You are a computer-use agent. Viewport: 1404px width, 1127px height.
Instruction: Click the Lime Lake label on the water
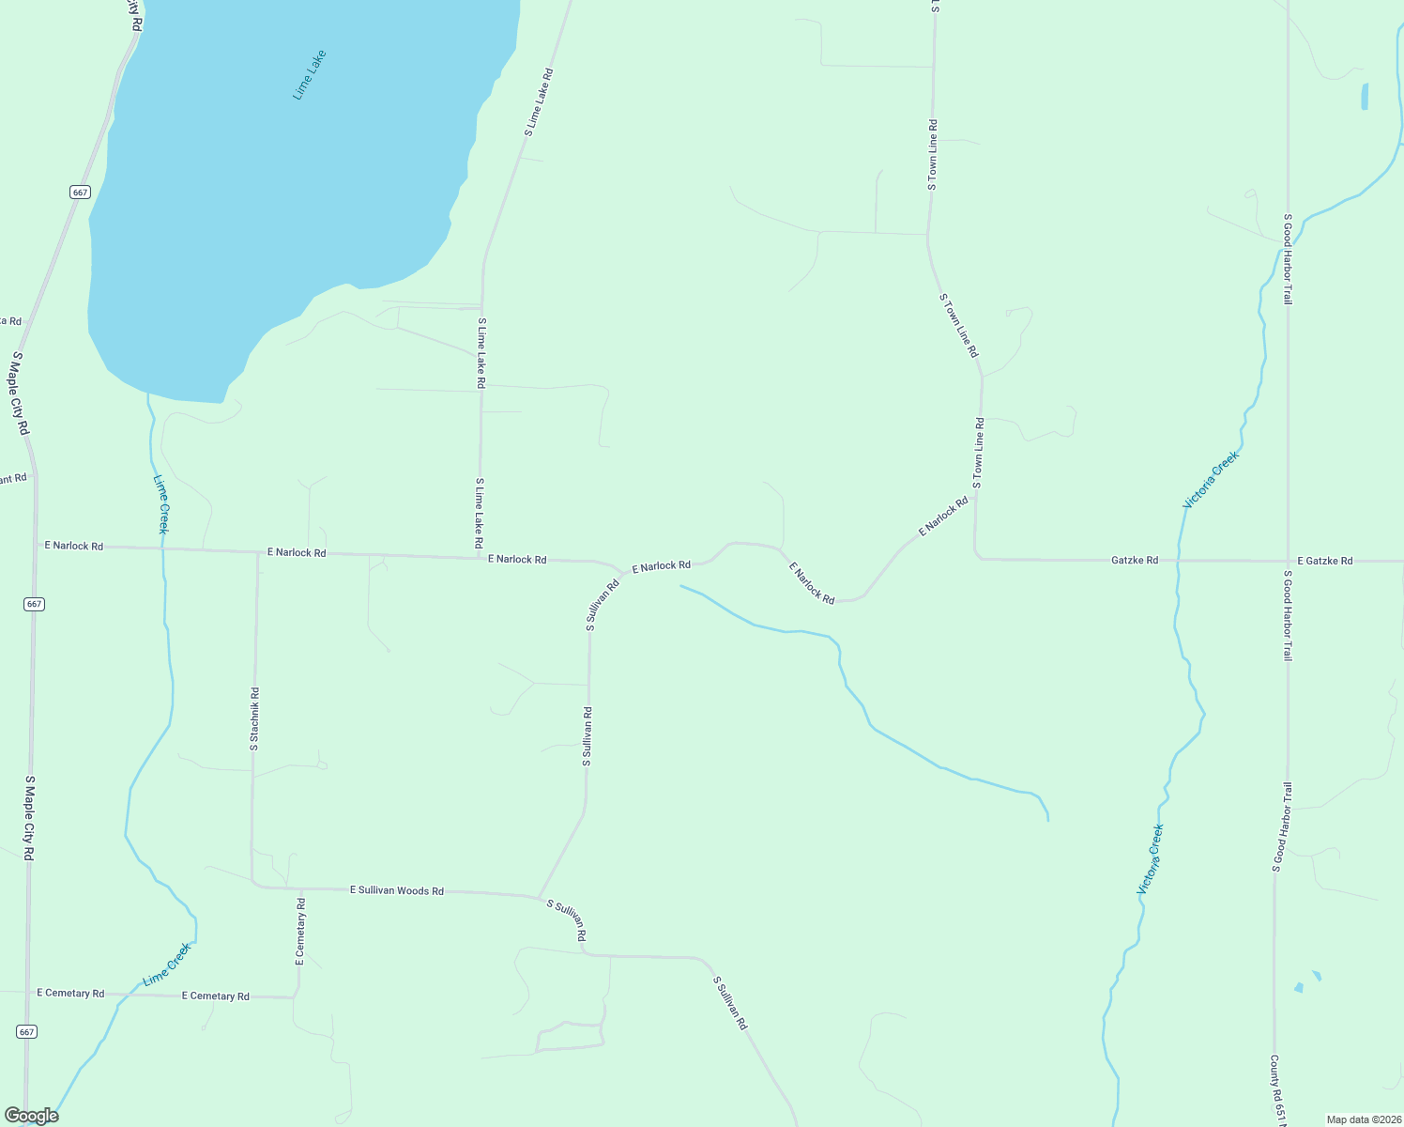(x=309, y=75)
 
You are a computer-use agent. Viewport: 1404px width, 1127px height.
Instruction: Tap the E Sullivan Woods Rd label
(x=396, y=890)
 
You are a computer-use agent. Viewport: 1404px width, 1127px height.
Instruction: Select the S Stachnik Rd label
(x=254, y=718)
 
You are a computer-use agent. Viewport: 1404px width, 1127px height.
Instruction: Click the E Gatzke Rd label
(x=1324, y=561)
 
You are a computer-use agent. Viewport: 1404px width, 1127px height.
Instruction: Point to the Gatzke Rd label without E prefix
(x=1134, y=560)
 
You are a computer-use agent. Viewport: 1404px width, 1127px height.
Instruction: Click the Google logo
(x=31, y=1116)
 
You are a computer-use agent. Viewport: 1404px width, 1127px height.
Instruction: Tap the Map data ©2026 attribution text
(x=1362, y=1119)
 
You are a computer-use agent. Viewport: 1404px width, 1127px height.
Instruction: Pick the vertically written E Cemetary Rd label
(x=300, y=932)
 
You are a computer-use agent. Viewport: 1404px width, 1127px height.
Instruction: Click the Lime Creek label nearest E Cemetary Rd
(x=167, y=965)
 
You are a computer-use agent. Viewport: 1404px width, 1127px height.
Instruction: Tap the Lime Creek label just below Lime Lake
(x=161, y=503)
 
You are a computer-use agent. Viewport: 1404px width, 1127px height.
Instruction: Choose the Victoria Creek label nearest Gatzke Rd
(x=1211, y=480)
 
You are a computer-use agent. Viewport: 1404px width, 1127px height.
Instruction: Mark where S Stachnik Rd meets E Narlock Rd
(x=256, y=552)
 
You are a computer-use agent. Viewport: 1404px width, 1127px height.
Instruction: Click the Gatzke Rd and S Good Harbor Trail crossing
(x=1288, y=561)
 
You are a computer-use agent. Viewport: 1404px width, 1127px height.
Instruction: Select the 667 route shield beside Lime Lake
(x=80, y=192)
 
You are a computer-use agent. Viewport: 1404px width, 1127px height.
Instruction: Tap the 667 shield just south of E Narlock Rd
(x=35, y=604)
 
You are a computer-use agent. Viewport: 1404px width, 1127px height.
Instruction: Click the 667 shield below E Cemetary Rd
(x=26, y=1031)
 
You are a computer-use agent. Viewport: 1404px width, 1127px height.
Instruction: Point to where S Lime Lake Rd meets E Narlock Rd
(x=481, y=556)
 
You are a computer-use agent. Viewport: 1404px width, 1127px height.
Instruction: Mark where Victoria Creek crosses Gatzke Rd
(x=1179, y=561)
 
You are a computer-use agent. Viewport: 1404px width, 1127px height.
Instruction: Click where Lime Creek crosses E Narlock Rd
(x=163, y=548)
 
